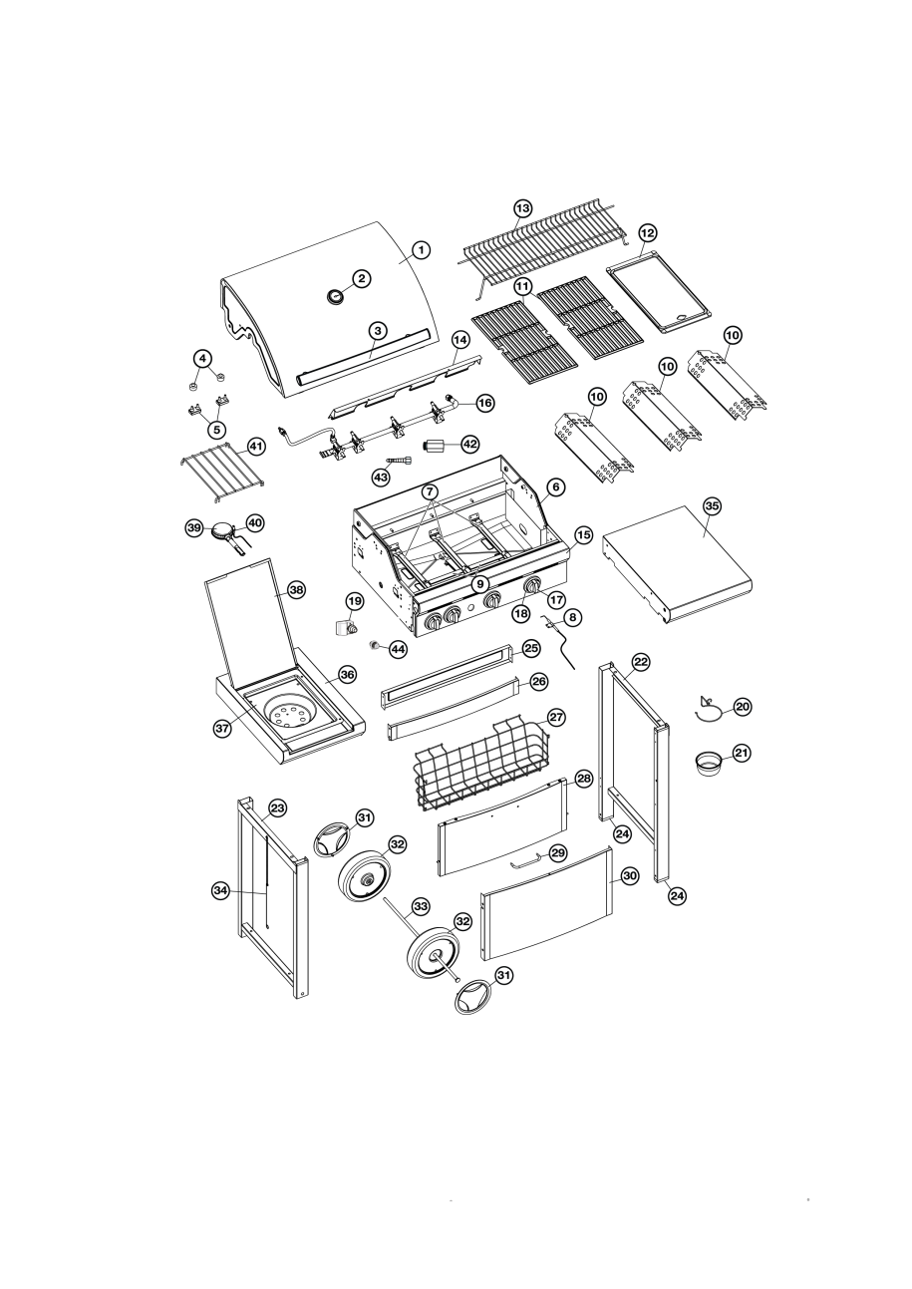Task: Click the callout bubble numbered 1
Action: click(x=422, y=250)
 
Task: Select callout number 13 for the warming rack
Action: click(x=523, y=207)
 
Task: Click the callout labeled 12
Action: click(x=648, y=233)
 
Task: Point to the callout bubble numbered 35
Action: click(x=713, y=505)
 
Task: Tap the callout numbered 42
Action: click(x=469, y=445)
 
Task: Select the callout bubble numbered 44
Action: click(x=398, y=649)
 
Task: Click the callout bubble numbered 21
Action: click(x=743, y=753)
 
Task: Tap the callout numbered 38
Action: click(x=296, y=590)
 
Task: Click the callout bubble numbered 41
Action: click(x=256, y=447)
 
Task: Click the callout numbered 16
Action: click(x=484, y=403)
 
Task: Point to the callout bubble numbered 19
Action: click(x=355, y=602)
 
